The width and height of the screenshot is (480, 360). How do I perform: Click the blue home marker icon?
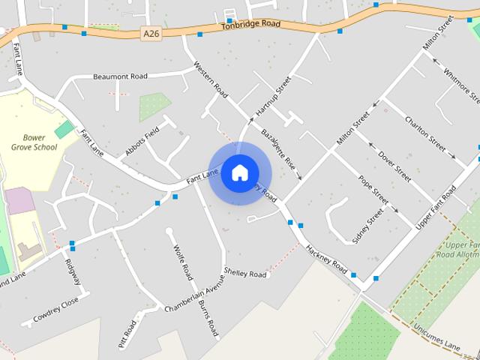(239, 172)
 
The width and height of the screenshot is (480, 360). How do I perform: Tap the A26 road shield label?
(151, 33)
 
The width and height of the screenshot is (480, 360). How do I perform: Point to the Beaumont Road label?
(120, 76)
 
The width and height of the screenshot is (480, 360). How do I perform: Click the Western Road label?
(211, 79)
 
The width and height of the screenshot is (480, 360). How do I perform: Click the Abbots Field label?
(144, 140)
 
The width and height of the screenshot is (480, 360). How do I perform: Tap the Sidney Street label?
(367, 225)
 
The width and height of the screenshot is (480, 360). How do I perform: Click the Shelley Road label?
(245, 274)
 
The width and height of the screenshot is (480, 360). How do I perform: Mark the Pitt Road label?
(128, 337)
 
